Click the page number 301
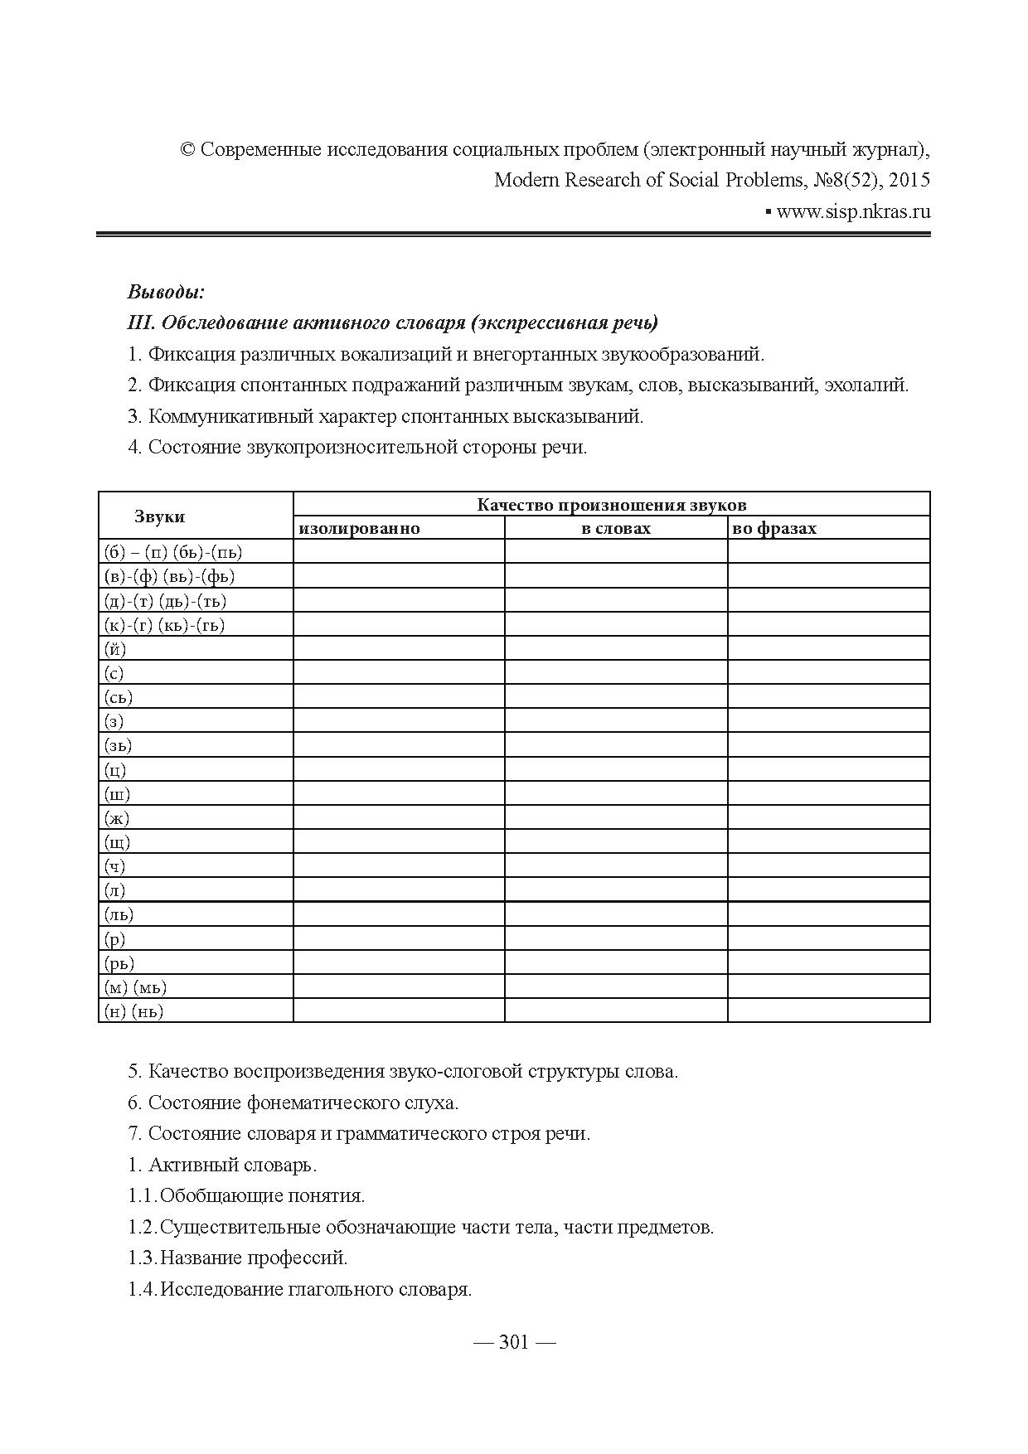[x=514, y=1343]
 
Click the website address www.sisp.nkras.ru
[x=853, y=211]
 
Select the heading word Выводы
[x=165, y=292]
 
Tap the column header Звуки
[x=159, y=516]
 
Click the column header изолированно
[x=360, y=529]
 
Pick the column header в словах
[x=616, y=529]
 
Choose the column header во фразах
[x=775, y=529]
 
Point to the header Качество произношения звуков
[x=611, y=505]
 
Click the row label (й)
[x=115, y=649]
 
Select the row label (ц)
[x=115, y=770]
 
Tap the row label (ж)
[x=117, y=818]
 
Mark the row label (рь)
[x=119, y=963]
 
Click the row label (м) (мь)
[x=135, y=987]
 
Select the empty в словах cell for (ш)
[x=616, y=794]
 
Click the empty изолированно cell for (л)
[x=399, y=890]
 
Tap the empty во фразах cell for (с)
[x=828, y=673]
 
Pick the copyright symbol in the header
[x=187, y=151]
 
